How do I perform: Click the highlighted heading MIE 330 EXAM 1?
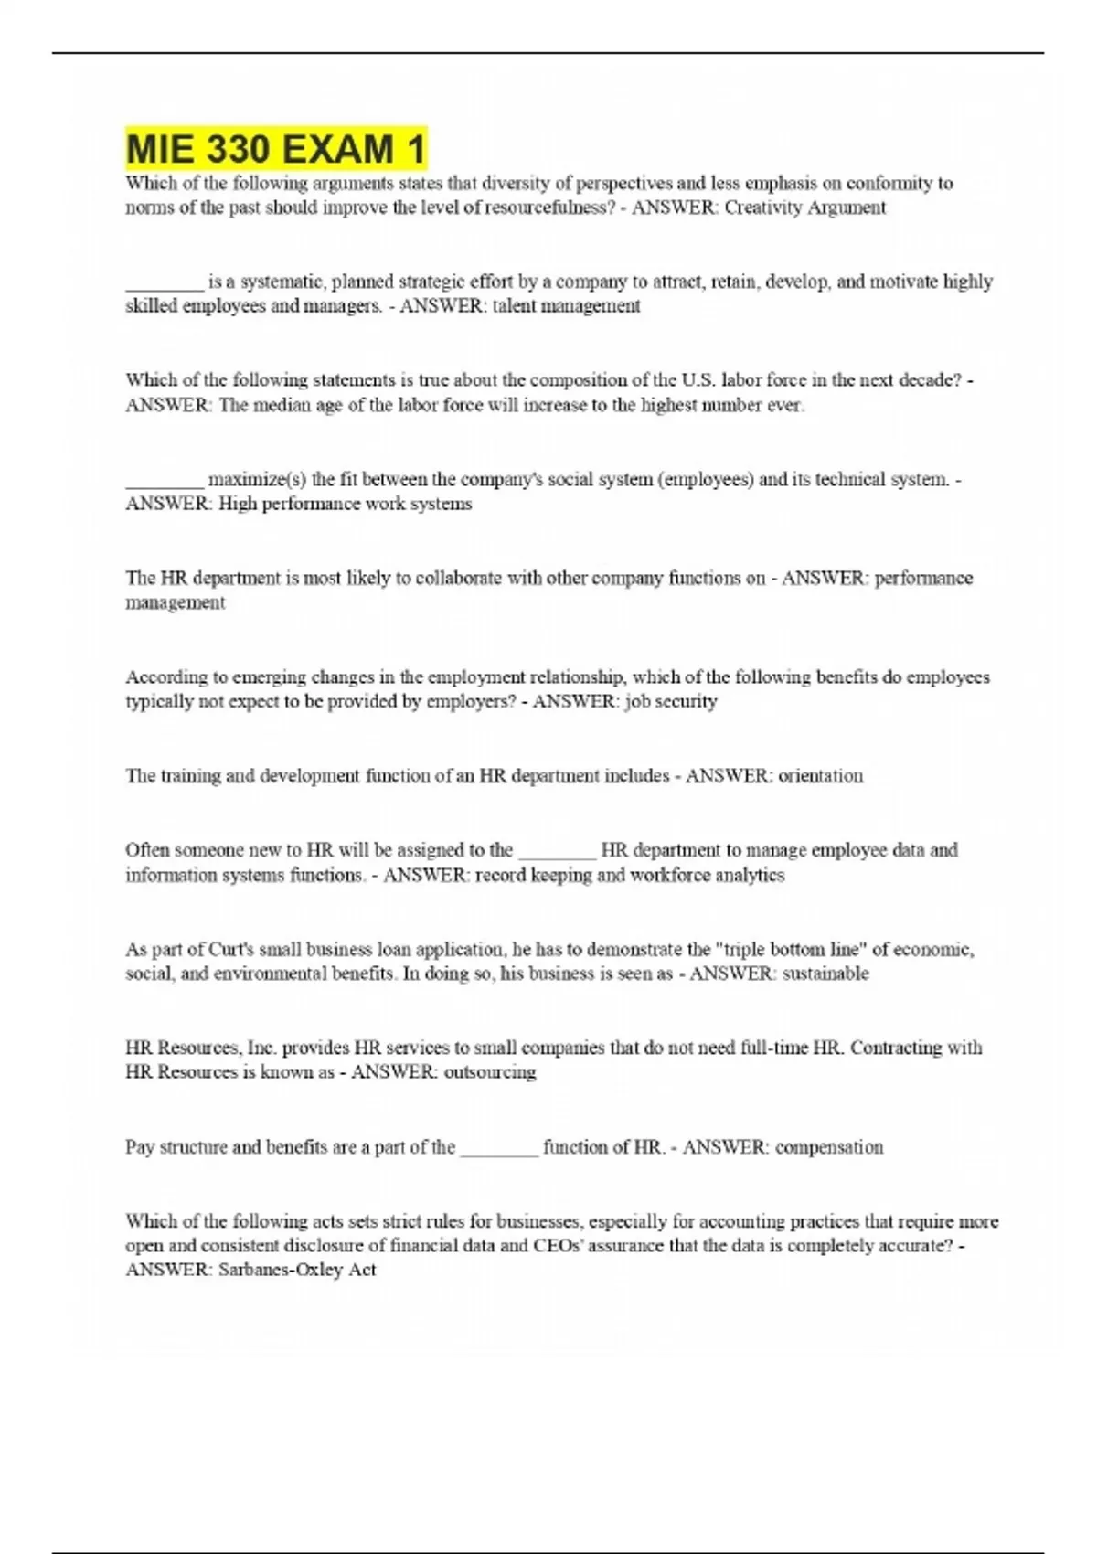(275, 149)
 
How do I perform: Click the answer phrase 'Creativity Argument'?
(804, 208)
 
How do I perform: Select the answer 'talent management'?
(566, 306)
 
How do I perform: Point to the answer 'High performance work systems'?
(345, 504)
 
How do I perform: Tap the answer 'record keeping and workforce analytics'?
(629, 875)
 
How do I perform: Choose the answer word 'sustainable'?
(825, 974)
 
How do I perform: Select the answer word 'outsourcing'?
(489, 1072)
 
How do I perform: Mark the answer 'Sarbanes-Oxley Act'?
(297, 1270)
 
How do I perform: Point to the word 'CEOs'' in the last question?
(557, 1246)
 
